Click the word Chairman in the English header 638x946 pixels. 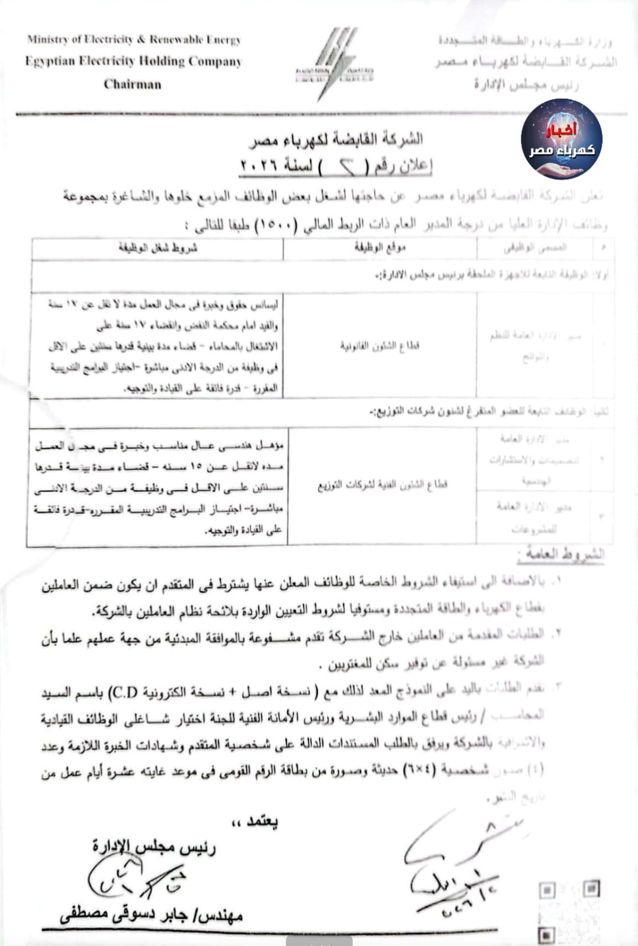132,84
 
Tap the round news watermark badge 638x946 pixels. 561,140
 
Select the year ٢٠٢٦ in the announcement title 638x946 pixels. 259,166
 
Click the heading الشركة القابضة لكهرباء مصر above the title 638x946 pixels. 335,140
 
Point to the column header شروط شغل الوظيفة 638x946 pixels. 158,248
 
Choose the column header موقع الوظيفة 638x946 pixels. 380,248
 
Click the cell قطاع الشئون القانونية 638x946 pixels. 379,345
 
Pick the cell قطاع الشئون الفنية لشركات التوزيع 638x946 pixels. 382,485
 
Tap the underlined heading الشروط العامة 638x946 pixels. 560,554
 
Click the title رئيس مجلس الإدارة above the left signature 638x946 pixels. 154,847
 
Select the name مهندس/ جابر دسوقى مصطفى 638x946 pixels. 152,915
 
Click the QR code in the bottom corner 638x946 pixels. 568,911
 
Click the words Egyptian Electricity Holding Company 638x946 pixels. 133,61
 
